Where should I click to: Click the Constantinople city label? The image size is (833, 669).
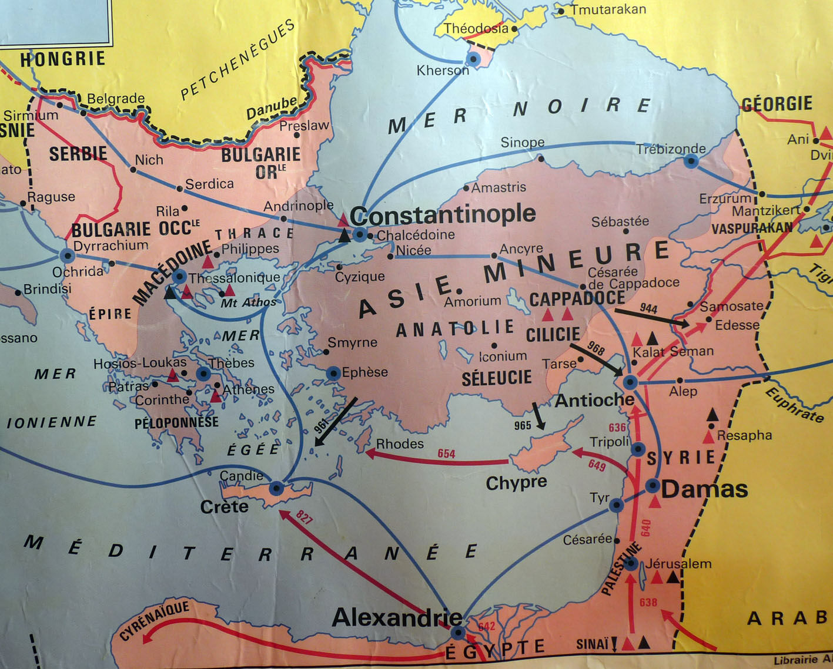coord(443,215)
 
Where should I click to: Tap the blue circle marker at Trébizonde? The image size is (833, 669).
coord(691,162)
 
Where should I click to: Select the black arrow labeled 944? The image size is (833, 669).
coord(653,317)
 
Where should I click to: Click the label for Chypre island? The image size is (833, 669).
coord(516,483)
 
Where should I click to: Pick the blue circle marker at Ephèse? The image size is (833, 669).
coord(333,373)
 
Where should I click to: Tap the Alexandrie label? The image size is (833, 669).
coord(397,617)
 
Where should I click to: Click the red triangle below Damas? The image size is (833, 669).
coord(655,502)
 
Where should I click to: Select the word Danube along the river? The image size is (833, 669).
coord(272,107)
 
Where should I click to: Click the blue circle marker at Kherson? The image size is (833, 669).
coord(473,59)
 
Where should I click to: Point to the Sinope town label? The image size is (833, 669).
coord(522,143)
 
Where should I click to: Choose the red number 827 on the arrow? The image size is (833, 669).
coord(304,517)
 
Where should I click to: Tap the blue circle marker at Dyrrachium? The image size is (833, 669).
coord(67,256)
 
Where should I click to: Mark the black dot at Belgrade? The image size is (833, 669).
coord(83,113)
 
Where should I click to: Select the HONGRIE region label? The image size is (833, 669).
coord(62,59)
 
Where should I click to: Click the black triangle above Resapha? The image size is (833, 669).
coord(712,414)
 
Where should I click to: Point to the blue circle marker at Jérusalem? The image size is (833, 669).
coord(630,564)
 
